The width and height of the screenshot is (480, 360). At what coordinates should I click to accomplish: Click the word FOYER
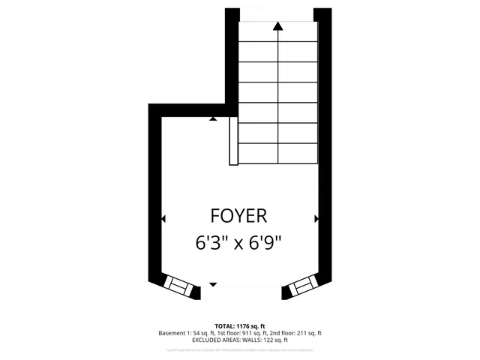239,217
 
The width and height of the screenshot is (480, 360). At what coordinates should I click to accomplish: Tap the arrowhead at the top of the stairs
278,26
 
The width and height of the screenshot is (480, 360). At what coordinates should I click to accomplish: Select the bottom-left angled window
179,285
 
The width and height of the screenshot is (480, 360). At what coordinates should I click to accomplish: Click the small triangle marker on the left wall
163,219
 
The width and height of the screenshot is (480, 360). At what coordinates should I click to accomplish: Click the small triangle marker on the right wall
316,219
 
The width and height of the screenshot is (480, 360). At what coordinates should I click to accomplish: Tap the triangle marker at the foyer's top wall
214,118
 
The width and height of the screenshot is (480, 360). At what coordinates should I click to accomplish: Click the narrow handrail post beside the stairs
233,140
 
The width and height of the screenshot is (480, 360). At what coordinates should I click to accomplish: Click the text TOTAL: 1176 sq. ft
240,325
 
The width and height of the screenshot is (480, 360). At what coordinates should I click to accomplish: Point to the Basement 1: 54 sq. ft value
186,333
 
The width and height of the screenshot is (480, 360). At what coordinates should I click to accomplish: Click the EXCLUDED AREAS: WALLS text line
240,340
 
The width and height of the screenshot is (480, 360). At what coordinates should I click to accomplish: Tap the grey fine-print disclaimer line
240,349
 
